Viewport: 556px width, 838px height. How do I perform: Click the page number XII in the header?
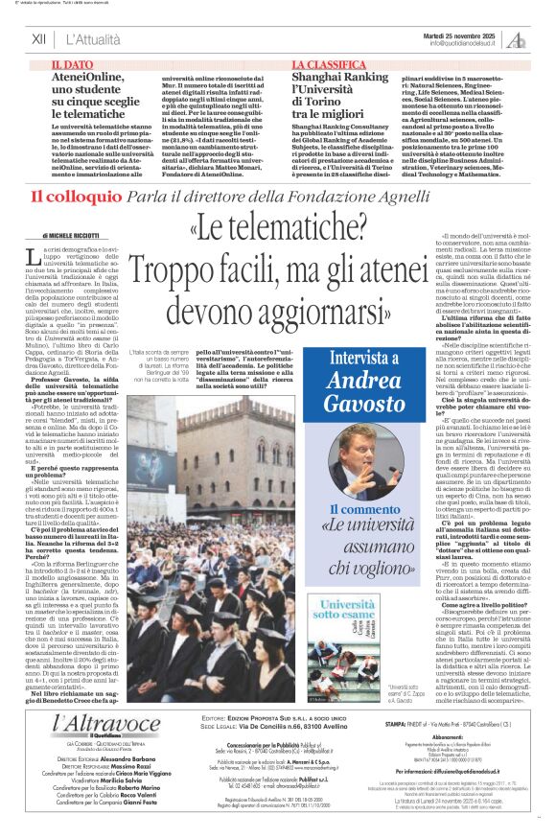38,40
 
